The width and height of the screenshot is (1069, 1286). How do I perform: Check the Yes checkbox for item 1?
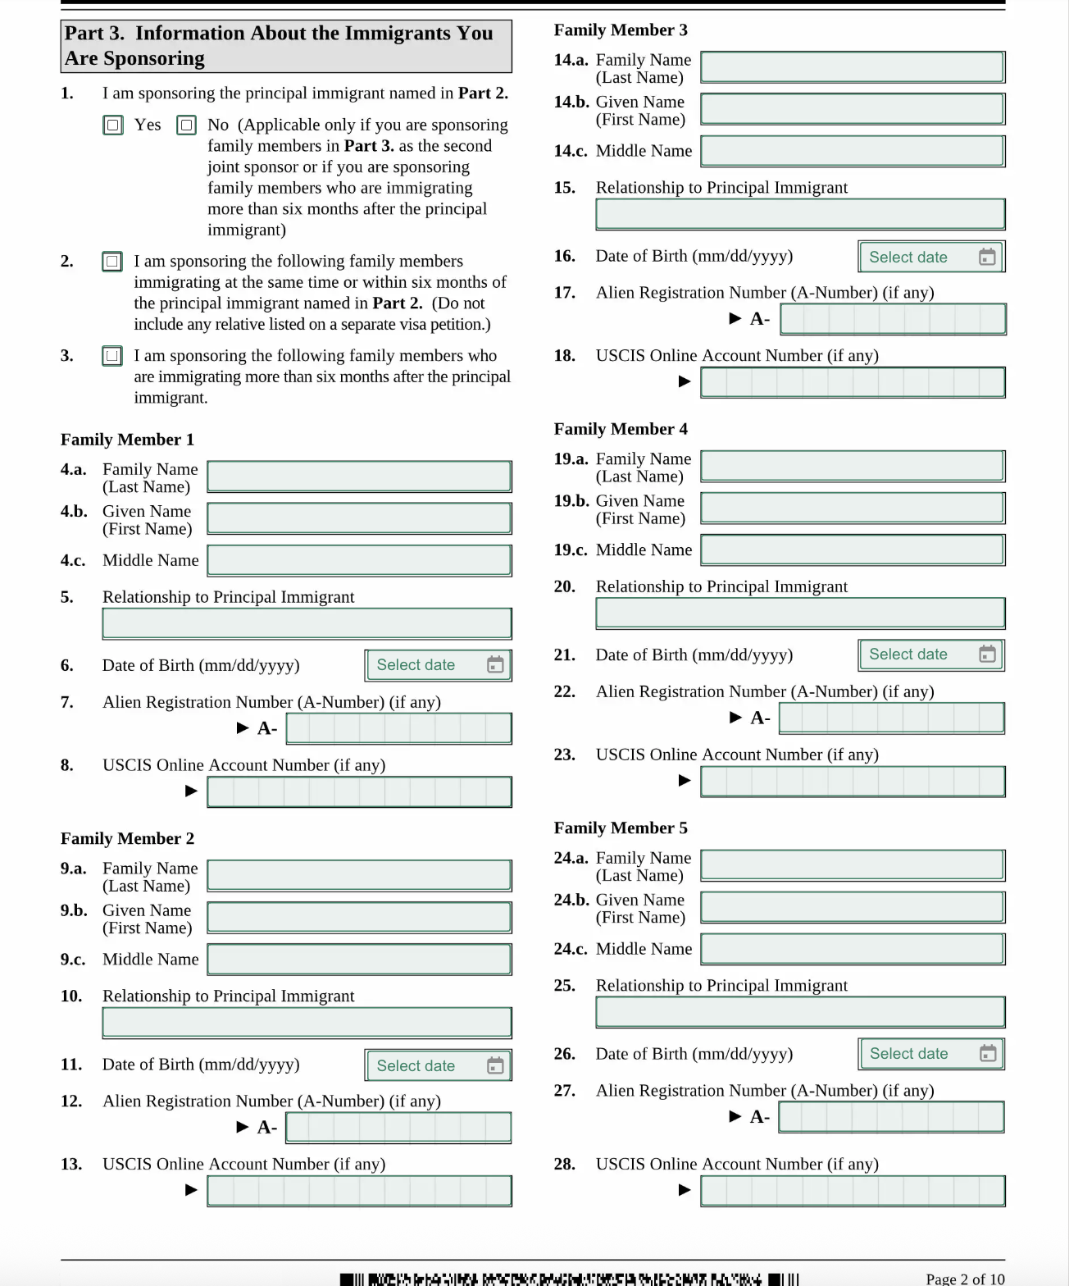click(113, 125)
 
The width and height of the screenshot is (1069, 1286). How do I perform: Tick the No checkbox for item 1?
click(187, 125)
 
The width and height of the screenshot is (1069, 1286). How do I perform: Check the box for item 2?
click(112, 262)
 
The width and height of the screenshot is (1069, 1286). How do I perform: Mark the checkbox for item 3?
click(112, 356)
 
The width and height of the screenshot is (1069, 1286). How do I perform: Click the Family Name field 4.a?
click(359, 477)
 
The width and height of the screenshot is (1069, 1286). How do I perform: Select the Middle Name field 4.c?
click(359, 560)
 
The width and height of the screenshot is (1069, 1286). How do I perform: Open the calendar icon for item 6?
click(495, 665)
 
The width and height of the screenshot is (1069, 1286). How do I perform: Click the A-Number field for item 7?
click(398, 728)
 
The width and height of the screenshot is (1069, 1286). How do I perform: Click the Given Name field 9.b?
click(359, 918)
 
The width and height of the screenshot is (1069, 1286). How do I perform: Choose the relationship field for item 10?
click(307, 1023)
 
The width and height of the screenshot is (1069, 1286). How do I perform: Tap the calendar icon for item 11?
click(495, 1065)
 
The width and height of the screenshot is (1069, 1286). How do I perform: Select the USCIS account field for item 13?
click(359, 1191)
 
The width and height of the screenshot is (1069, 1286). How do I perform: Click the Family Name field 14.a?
click(853, 67)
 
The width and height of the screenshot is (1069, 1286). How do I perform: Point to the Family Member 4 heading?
click(621, 429)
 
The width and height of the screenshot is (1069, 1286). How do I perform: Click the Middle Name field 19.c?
click(853, 550)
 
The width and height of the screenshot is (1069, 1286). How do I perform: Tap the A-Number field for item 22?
click(891, 718)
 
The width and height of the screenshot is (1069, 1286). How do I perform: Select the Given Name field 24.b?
click(853, 907)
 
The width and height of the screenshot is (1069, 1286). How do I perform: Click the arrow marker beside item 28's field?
click(685, 1190)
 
